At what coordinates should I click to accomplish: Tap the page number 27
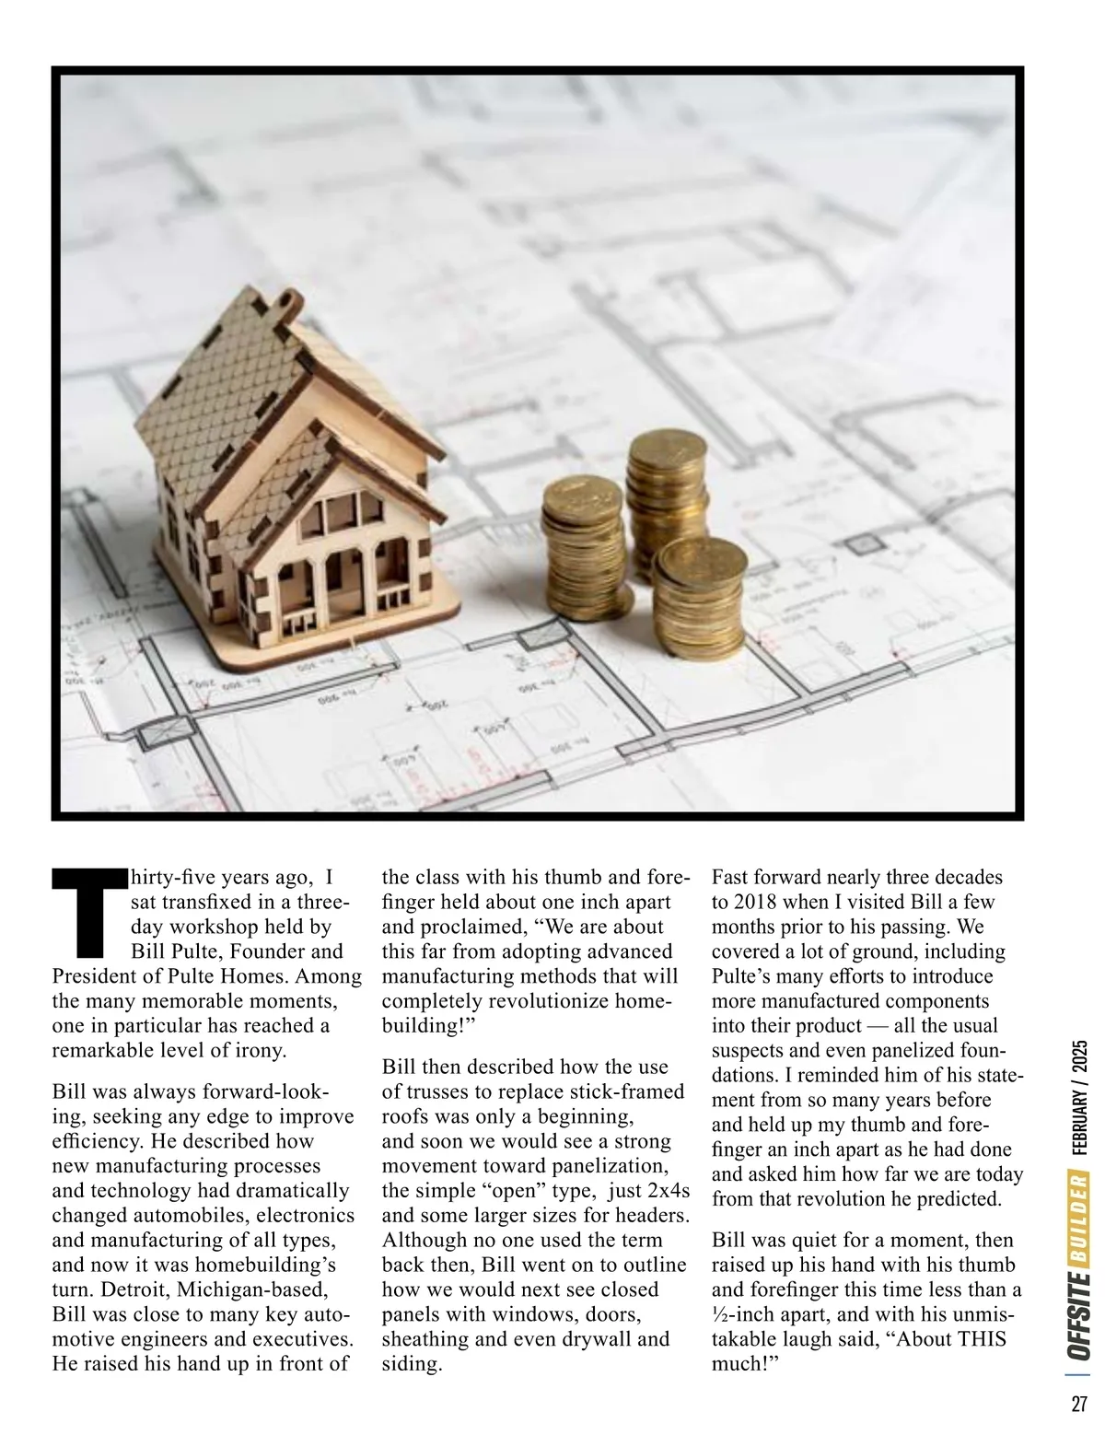(1079, 1404)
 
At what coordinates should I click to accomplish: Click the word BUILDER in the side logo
(1079, 1215)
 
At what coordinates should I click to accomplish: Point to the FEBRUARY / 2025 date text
(1079, 1097)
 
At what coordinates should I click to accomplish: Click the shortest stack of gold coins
(700, 599)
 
